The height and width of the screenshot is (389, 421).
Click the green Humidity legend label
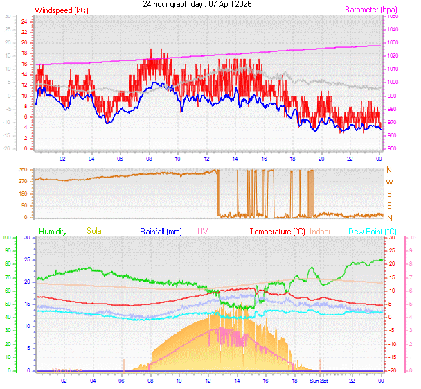pyautogui.click(x=53, y=231)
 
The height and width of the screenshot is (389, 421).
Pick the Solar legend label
pyautogui.click(x=95, y=231)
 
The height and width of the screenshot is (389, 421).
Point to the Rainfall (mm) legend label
pyautogui.click(x=162, y=231)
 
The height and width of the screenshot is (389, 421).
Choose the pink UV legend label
pyautogui.click(x=202, y=231)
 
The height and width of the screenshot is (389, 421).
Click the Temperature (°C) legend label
pyautogui.click(x=277, y=231)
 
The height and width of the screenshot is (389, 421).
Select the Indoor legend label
pyautogui.click(x=321, y=231)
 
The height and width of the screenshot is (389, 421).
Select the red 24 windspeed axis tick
pyautogui.click(x=24, y=21)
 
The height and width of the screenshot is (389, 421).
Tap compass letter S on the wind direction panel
pyautogui.click(x=389, y=194)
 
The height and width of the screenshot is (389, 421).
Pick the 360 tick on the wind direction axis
pyautogui.click(x=22, y=169)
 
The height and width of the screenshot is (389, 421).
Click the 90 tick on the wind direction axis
pyautogui.click(x=23, y=206)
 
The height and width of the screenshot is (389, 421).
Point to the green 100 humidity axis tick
pyautogui.click(x=6, y=238)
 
